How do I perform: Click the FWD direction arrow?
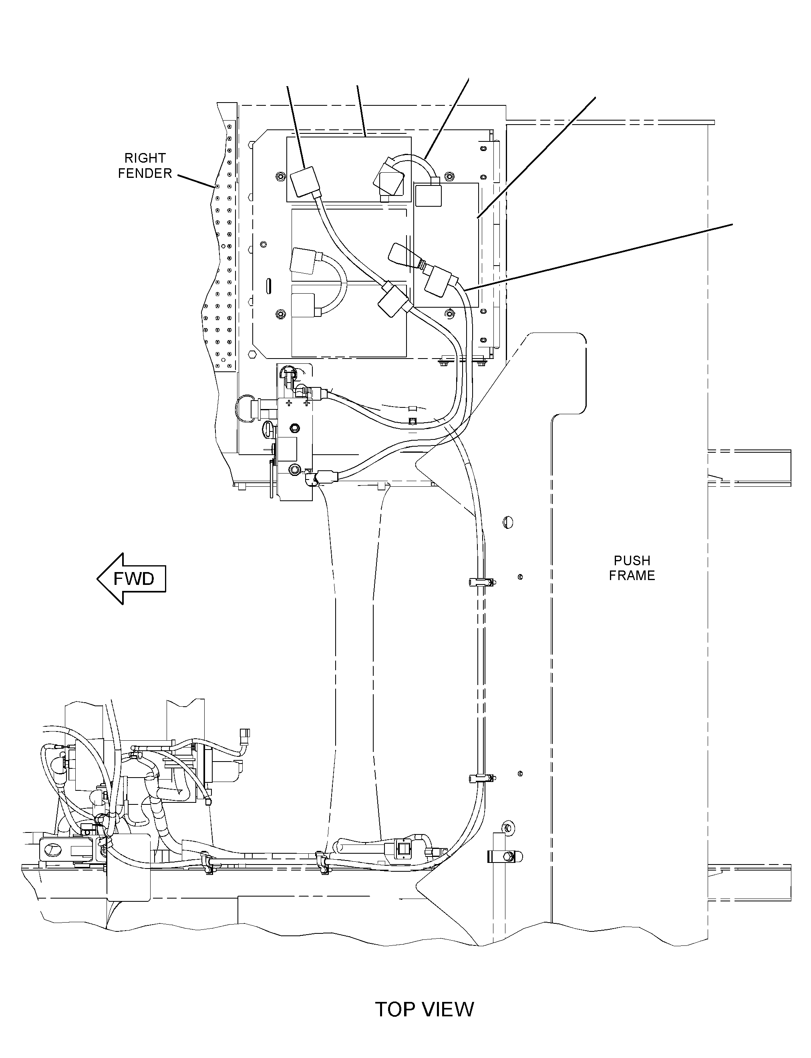[x=131, y=578]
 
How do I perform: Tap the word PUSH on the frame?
[x=632, y=560]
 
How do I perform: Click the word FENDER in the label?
[x=145, y=173]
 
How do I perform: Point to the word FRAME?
[x=632, y=576]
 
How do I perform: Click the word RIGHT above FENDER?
[x=145, y=158]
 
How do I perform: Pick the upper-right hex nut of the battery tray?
[x=450, y=175]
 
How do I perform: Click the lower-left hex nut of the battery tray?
[x=280, y=314]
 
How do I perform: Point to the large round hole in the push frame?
[x=507, y=522]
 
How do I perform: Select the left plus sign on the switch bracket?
[x=289, y=402]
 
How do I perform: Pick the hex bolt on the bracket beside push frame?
[x=508, y=856]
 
